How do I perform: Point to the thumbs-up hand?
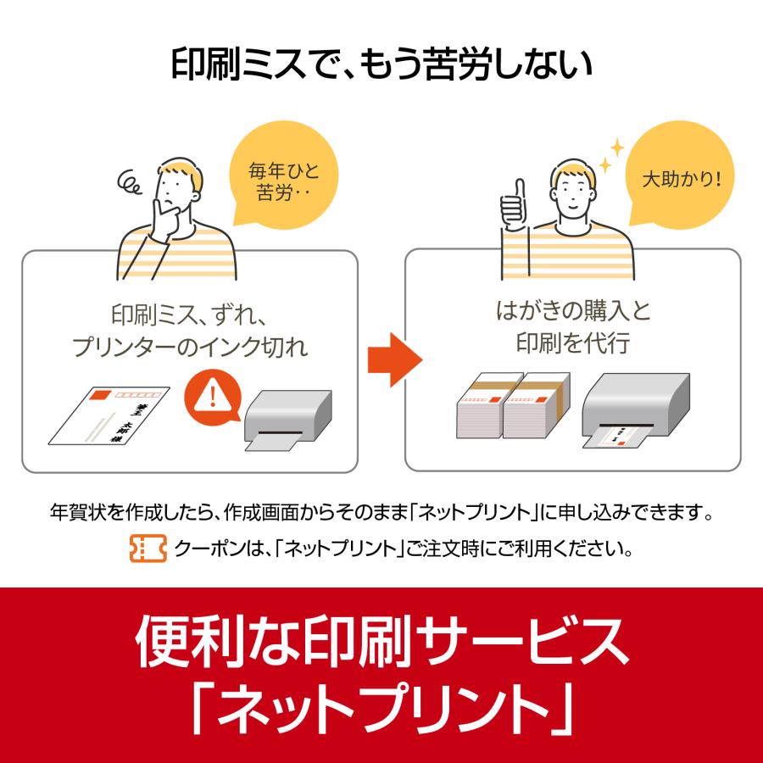[x=512, y=203]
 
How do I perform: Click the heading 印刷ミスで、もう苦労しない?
[x=381, y=64]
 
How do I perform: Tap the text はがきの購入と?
[x=573, y=310]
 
